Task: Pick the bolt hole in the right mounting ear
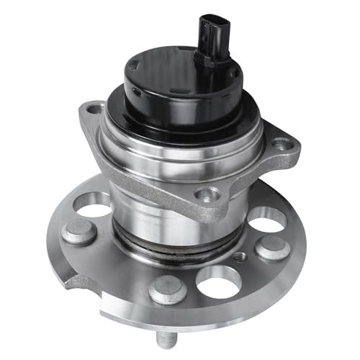[x=279, y=144]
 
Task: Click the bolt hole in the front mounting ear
[x=207, y=193]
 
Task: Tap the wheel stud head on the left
[x=77, y=232]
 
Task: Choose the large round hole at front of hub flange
[x=220, y=281]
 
